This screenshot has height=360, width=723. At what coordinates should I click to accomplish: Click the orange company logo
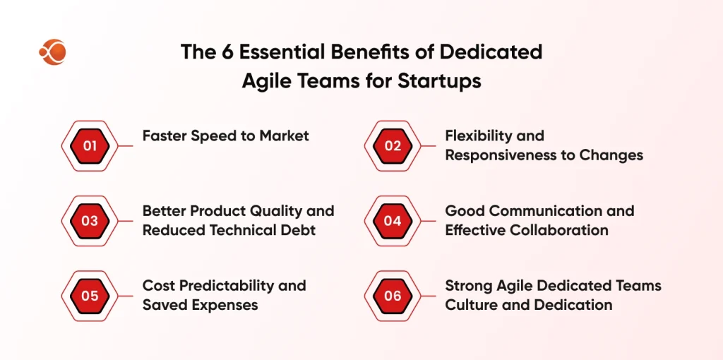[52, 52]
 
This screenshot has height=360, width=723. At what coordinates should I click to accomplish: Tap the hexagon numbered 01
[90, 146]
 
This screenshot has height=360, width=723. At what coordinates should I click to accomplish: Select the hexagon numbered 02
[393, 146]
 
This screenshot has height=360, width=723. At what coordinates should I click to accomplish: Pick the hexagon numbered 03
[90, 221]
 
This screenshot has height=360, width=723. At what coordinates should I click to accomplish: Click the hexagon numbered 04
[393, 221]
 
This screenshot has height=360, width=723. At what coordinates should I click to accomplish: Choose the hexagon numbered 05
[90, 296]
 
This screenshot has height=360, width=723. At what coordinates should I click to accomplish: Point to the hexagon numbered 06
[393, 296]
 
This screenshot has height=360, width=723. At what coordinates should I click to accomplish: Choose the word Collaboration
[557, 230]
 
